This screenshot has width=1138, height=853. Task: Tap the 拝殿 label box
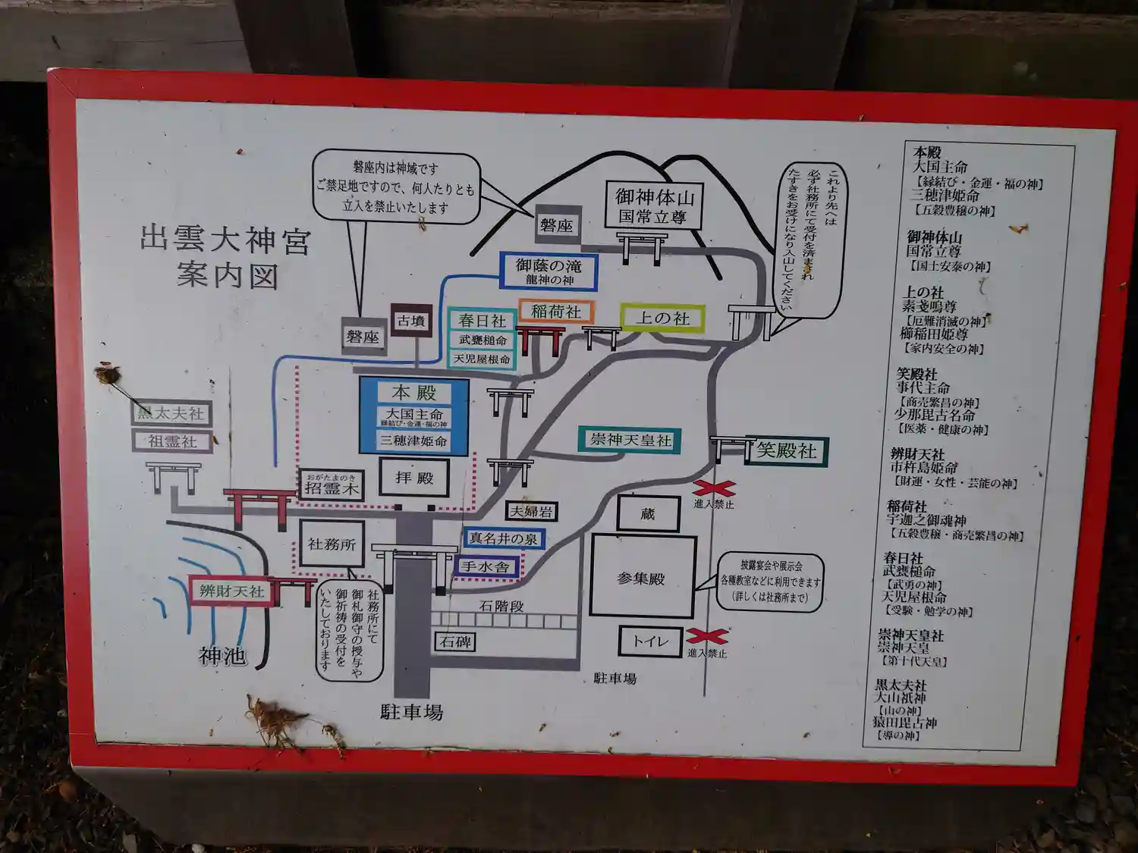point(414,478)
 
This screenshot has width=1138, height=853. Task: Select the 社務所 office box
point(332,544)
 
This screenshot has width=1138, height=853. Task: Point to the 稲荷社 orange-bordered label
point(556,312)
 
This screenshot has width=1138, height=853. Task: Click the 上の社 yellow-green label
point(662,318)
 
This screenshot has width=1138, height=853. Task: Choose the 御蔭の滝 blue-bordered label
point(549,271)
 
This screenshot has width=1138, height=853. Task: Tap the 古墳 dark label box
point(411,321)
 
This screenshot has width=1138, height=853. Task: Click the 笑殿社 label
point(787,451)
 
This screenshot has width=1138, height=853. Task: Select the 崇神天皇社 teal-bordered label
point(630,441)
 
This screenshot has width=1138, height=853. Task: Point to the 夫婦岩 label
point(531,512)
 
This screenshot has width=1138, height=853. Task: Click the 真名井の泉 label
point(503,538)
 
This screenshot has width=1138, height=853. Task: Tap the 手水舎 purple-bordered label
point(486,566)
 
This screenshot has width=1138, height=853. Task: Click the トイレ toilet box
point(651,641)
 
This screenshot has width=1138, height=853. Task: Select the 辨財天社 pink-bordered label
point(231,591)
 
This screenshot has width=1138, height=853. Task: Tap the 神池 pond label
point(222,655)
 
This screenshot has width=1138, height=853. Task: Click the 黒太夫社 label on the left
point(171,413)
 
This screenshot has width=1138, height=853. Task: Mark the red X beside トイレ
point(706,635)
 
